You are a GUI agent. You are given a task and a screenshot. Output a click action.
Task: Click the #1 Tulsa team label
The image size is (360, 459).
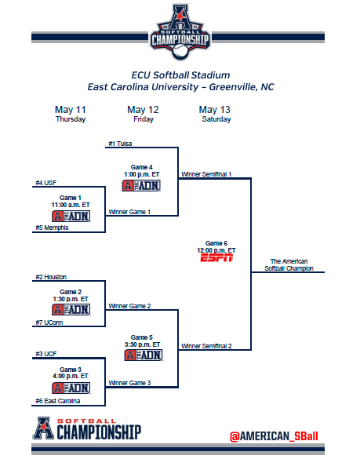click(x=120, y=144)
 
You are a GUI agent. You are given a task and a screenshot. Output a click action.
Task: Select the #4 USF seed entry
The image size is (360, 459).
click(x=46, y=183)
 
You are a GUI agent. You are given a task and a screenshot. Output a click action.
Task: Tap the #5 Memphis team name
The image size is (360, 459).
click(x=52, y=228)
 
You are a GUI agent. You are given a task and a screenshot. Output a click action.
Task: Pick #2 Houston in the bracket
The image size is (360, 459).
click(x=51, y=277)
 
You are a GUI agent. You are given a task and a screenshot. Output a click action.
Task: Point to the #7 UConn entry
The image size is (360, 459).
click(x=49, y=322)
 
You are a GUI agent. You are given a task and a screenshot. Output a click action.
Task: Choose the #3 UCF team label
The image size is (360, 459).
click(x=46, y=354)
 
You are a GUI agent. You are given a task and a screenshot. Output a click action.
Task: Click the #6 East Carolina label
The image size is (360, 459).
click(x=58, y=401)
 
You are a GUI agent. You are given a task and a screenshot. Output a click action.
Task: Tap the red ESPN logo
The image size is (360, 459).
click(x=216, y=258)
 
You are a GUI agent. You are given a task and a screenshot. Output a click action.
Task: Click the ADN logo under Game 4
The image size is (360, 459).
click(x=142, y=186)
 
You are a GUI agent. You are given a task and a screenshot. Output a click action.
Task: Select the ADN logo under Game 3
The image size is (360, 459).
click(x=71, y=388)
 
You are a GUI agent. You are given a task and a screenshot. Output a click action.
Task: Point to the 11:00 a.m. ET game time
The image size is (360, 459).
click(x=71, y=205)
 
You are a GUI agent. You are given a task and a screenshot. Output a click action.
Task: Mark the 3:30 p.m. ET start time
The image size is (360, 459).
click(x=142, y=344)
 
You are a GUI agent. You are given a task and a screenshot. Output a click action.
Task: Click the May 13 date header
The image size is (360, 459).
click(x=215, y=110)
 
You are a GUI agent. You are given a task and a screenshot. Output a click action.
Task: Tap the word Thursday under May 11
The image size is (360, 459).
click(x=71, y=119)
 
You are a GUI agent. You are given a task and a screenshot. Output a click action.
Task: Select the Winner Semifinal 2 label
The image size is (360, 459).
click(x=206, y=346)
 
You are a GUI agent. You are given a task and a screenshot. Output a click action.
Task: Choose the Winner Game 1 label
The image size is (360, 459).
click(x=129, y=212)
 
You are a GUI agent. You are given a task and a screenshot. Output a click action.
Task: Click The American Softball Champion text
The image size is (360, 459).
click(x=289, y=265)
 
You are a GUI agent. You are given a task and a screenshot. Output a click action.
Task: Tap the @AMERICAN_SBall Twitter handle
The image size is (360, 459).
click(x=274, y=436)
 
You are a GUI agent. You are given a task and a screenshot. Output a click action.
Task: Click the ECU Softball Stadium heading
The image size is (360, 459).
click(x=180, y=75)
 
